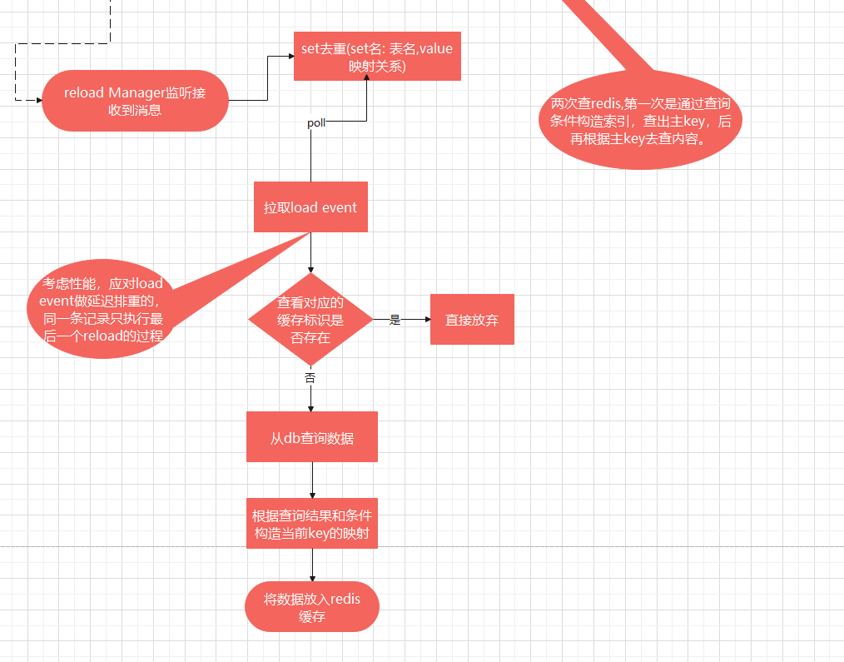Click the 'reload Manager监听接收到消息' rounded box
pos(134,100)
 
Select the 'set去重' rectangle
pos(377,57)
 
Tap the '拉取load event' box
pos(310,207)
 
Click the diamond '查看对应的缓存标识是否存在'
pos(310,319)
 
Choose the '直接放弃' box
pos(472,319)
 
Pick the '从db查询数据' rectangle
pos(312,437)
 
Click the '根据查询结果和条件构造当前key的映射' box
pos(312,523)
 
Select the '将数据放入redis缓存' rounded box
pos(312,607)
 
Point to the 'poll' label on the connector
pos(316,123)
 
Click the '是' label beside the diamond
pos(395,320)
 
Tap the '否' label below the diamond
pos(310,377)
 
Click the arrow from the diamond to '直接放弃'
pos(412,319)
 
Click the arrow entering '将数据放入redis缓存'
pos(312,565)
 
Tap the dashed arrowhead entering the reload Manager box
pos(37,100)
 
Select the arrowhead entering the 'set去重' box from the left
pos(289,57)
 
